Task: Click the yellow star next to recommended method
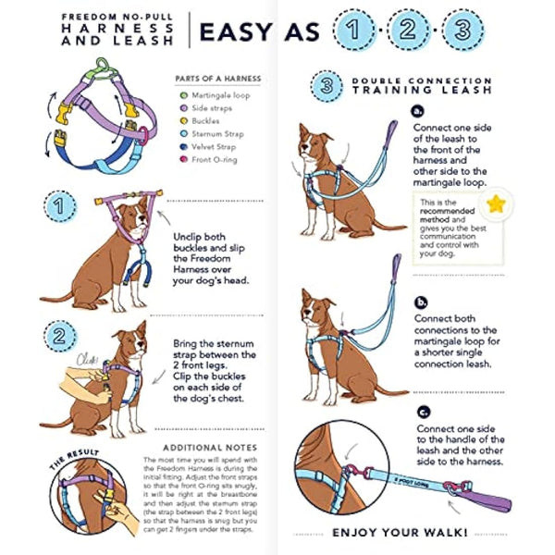point(499,205)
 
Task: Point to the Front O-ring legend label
point(215,160)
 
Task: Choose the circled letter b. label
point(422,302)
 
